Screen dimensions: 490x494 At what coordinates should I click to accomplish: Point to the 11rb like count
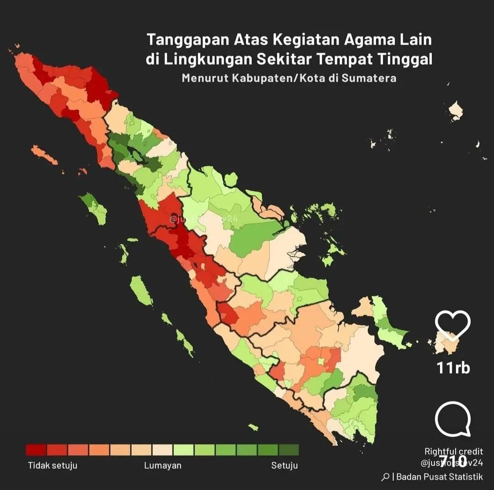[453, 368]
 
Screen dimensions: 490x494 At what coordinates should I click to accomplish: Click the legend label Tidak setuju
[53, 465]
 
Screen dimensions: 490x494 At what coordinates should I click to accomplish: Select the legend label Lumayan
[162, 465]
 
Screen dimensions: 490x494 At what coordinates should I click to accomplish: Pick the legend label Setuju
[284, 465]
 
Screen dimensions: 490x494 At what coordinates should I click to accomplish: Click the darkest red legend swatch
[36, 450]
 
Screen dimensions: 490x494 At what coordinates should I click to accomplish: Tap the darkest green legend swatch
[289, 450]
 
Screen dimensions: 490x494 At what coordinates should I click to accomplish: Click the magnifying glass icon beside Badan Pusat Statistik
[385, 477]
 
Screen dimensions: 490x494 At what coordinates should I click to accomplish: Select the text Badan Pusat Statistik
[440, 477]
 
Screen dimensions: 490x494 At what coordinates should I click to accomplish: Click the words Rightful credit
[453, 452]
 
